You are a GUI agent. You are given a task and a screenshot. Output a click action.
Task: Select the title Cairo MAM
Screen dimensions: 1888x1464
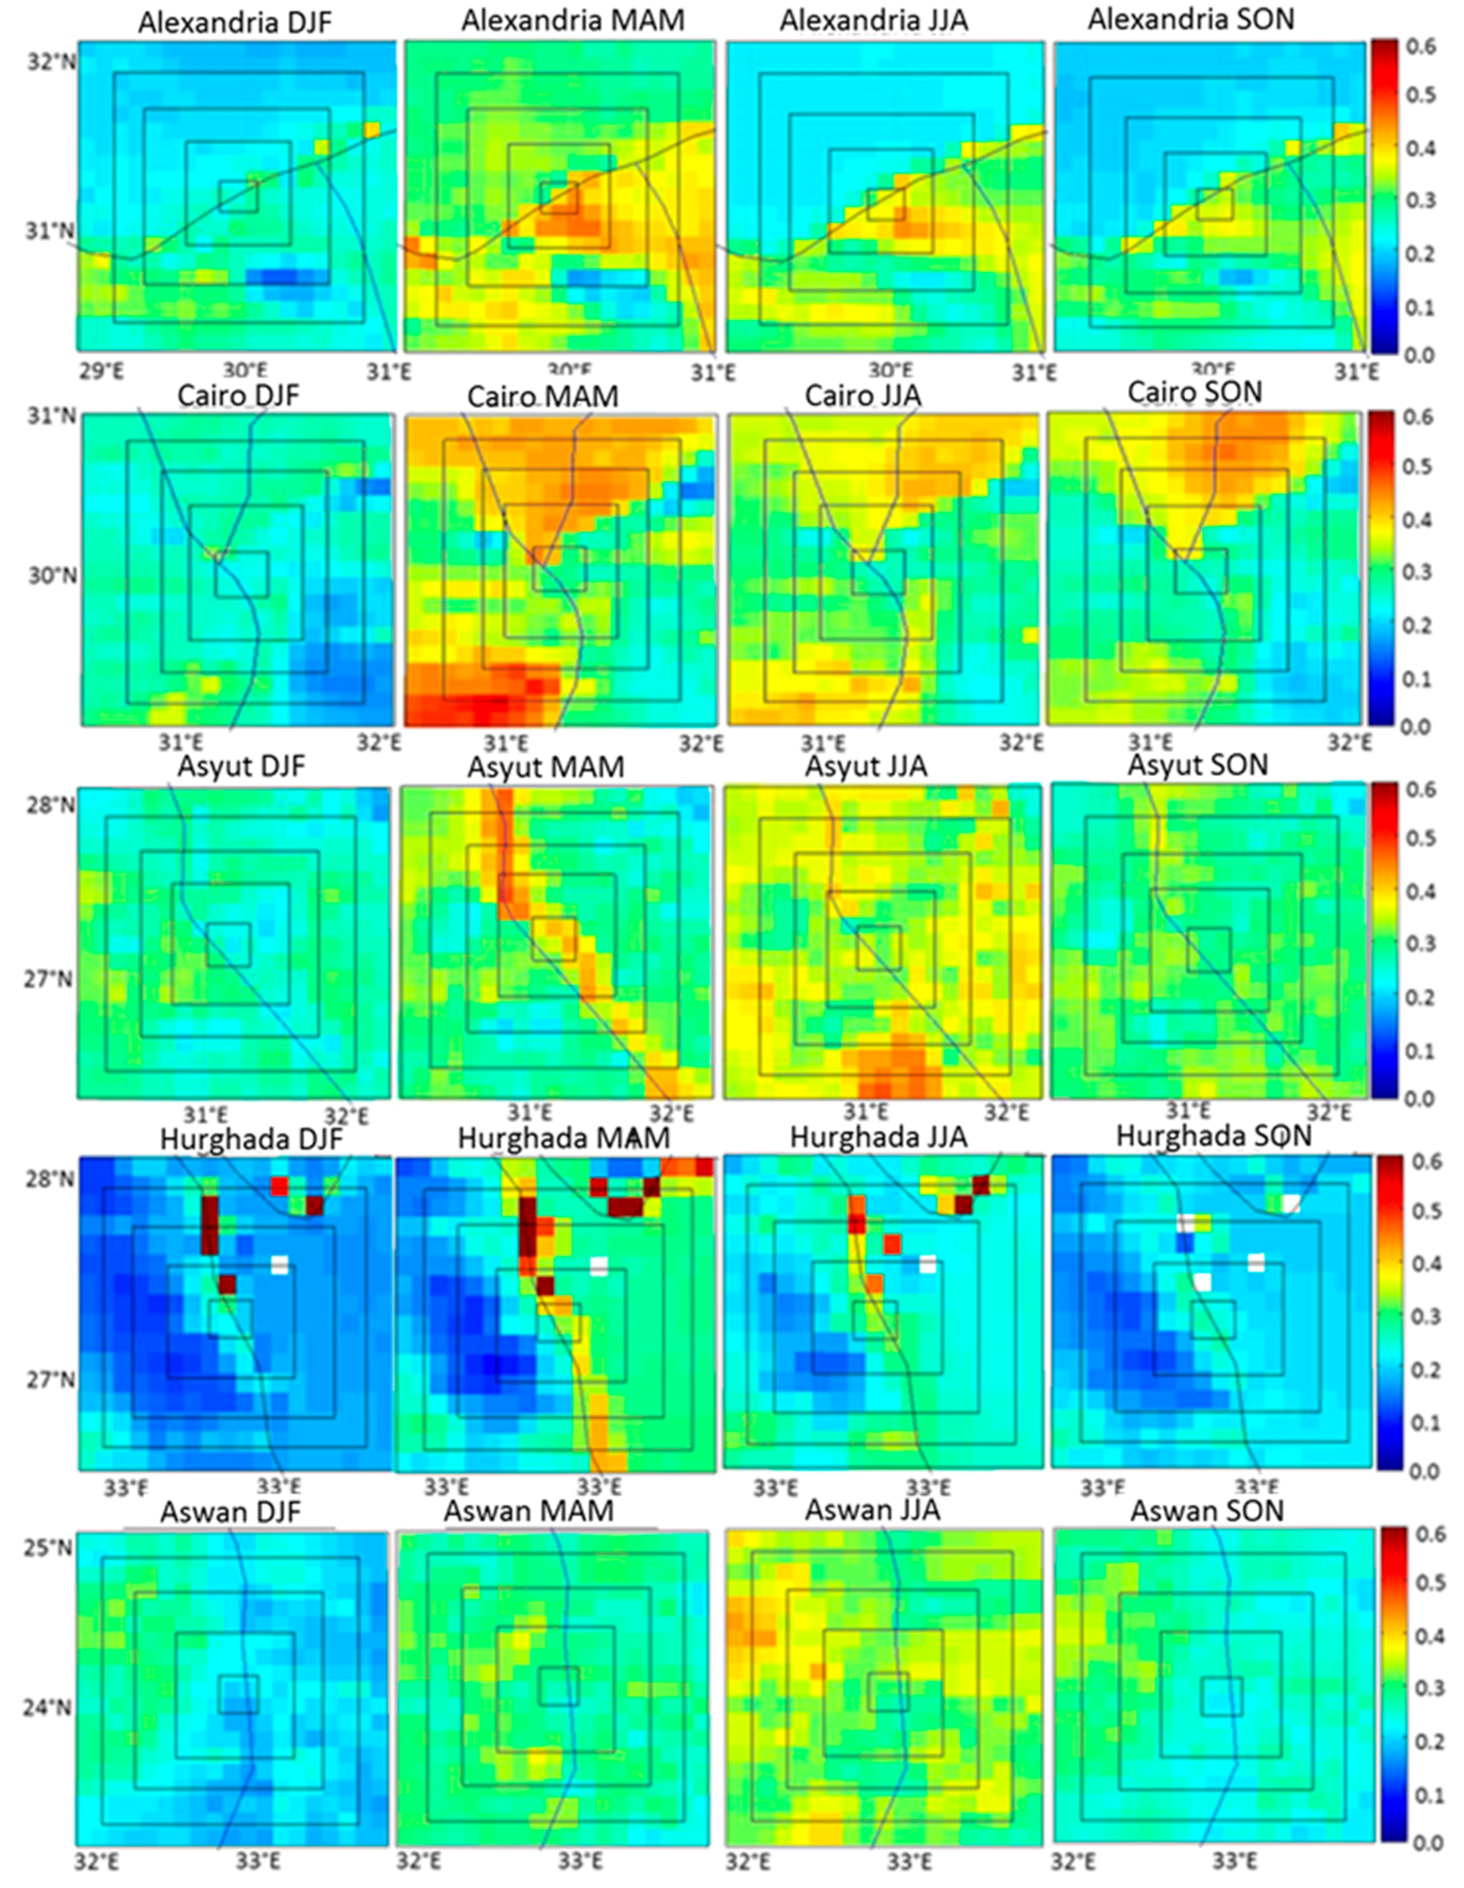(x=542, y=397)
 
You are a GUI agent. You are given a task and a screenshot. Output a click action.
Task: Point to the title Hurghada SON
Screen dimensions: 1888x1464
(x=1213, y=1136)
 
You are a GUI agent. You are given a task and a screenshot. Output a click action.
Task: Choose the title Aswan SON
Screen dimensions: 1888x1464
(x=1207, y=1511)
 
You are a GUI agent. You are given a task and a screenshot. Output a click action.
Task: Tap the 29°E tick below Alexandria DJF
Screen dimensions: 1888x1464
(x=100, y=372)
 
